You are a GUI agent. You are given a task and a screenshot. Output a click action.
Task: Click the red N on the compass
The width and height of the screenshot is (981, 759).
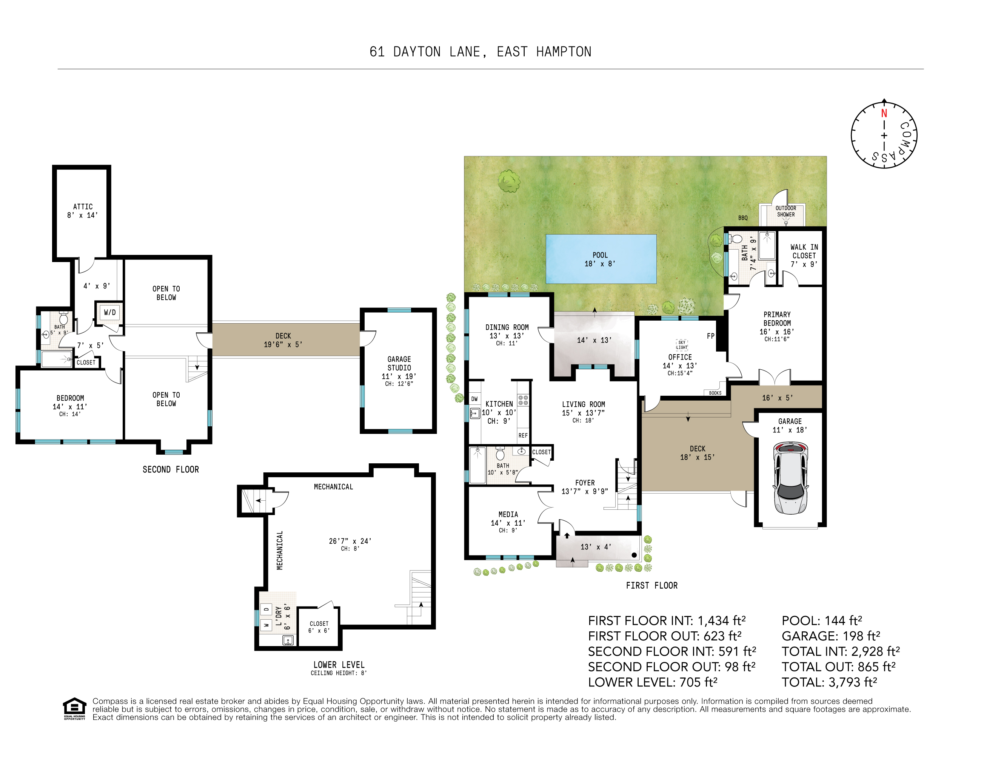click(884, 113)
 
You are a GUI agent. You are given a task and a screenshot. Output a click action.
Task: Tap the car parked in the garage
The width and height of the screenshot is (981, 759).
click(790, 478)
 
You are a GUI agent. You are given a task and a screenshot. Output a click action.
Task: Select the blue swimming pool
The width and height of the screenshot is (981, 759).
click(601, 259)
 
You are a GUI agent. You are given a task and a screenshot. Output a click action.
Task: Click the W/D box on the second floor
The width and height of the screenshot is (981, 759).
click(109, 312)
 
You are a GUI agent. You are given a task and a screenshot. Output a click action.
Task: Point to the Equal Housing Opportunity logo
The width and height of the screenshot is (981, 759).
click(74, 709)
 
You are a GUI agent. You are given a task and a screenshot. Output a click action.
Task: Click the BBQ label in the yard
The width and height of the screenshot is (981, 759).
click(743, 218)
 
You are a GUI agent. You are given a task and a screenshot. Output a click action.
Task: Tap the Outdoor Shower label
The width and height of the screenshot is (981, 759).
click(785, 211)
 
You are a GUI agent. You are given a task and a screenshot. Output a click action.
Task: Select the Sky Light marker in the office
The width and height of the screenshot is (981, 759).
click(682, 345)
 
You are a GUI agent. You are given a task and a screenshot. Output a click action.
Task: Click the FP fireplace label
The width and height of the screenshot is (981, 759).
click(711, 336)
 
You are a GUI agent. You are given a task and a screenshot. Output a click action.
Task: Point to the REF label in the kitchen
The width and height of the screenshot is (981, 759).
click(523, 435)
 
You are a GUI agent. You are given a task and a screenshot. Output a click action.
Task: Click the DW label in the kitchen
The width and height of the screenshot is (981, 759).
click(474, 399)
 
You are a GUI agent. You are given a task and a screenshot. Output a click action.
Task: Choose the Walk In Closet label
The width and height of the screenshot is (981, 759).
click(804, 255)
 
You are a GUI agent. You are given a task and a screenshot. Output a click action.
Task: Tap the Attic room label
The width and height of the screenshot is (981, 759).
click(83, 211)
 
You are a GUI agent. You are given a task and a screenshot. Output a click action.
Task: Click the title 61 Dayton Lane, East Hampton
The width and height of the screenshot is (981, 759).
click(480, 52)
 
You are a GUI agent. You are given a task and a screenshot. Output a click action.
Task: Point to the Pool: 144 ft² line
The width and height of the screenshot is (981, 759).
click(822, 620)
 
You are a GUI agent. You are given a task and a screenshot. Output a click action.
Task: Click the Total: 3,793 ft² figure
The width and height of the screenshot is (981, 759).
click(829, 682)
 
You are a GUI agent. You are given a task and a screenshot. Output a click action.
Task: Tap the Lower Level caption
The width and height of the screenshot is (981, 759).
click(339, 665)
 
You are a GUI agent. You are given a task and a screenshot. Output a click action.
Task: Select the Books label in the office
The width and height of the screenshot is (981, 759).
click(715, 393)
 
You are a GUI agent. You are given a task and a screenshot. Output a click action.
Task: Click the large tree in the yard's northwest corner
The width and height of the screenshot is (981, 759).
click(509, 181)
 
